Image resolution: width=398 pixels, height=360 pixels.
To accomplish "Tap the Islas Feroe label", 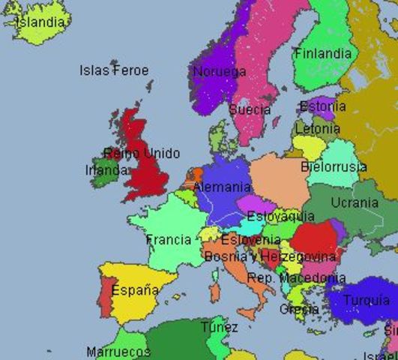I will pyautogui.click(x=114, y=70).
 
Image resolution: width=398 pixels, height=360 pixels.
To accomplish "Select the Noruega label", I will pyautogui.click(x=220, y=72).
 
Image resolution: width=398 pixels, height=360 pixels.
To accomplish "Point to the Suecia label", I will pyautogui.click(x=250, y=110).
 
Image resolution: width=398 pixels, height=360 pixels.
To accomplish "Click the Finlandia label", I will pyautogui.click(x=322, y=54).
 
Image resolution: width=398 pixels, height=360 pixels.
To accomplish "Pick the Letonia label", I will pyautogui.click(x=318, y=128).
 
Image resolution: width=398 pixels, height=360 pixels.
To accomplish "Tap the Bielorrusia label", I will pyautogui.click(x=334, y=166).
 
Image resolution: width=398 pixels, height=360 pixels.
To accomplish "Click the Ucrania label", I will pyautogui.click(x=355, y=202).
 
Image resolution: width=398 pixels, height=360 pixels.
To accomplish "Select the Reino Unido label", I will pyautogui.click(x=142, y=154).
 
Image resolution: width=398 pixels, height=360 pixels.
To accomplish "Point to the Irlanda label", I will pyautogui.click(x=106, y=170).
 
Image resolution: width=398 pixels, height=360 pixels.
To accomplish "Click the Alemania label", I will pyautogui.click(x=222, y=187).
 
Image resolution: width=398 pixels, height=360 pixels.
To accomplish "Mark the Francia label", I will pyautogui.click(x=169, y=240).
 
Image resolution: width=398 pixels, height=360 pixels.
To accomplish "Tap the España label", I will pyautogui.click(x=135, y=289).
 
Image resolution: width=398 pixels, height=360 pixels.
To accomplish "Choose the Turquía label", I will pyautogui.click(x=367, y=301).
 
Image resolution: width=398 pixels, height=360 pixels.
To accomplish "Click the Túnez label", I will pyautogui.click(x=220, y=327).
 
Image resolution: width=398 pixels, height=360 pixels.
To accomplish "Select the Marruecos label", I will pyautogui.click(x=118, y=352).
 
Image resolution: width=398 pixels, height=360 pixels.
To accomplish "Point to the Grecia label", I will pyautogui.click(x=299, y=309).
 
